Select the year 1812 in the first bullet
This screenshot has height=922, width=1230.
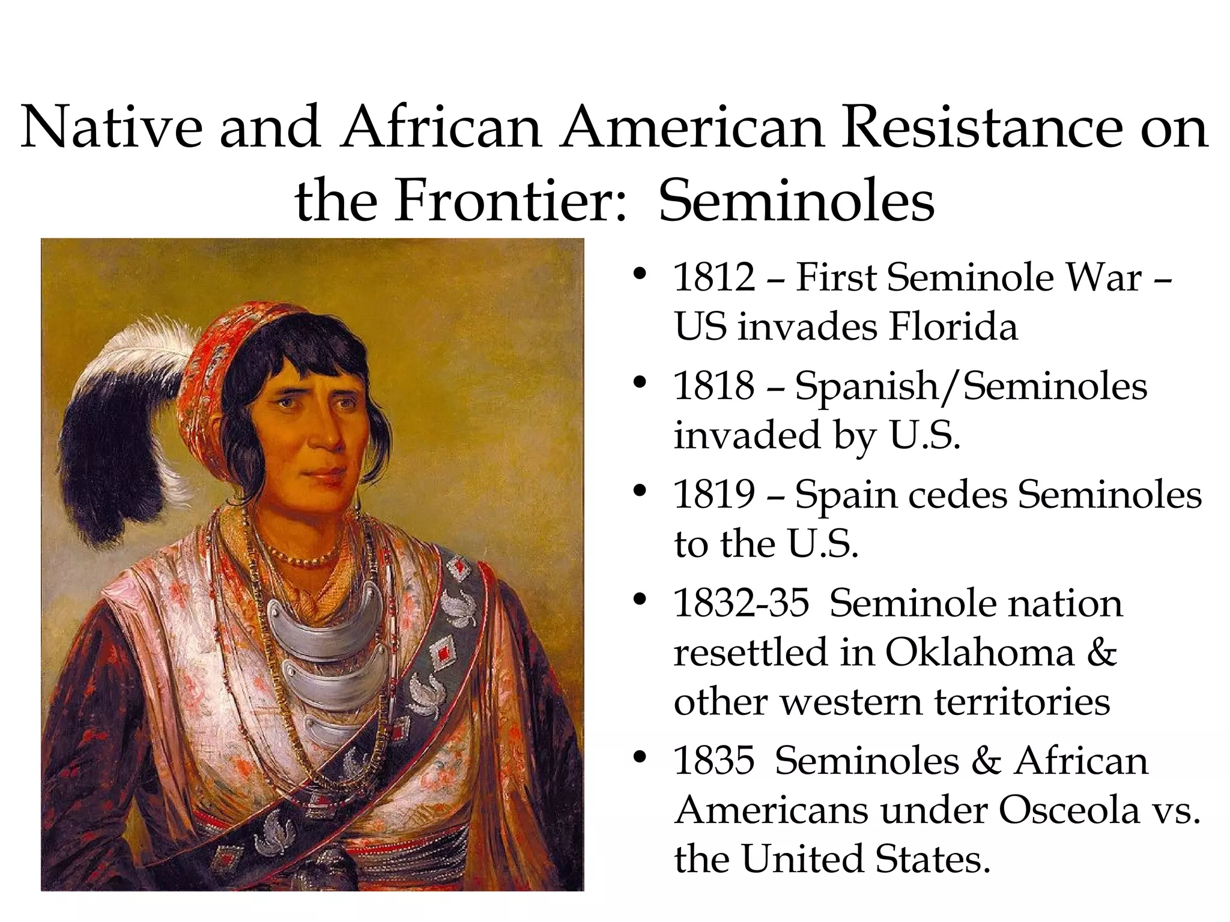[713, 278]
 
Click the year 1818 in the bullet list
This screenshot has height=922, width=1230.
[713, 386]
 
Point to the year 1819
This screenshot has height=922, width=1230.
[713, 495]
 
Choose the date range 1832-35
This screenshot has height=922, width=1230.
[741, 603]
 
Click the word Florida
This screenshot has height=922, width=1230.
[953, 327]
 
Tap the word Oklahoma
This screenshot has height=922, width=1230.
[979, 652]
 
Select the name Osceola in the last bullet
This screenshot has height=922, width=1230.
[1069, 810]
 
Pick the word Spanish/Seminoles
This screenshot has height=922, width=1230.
[971, 386]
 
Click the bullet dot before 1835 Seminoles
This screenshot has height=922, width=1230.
[640, 757]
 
